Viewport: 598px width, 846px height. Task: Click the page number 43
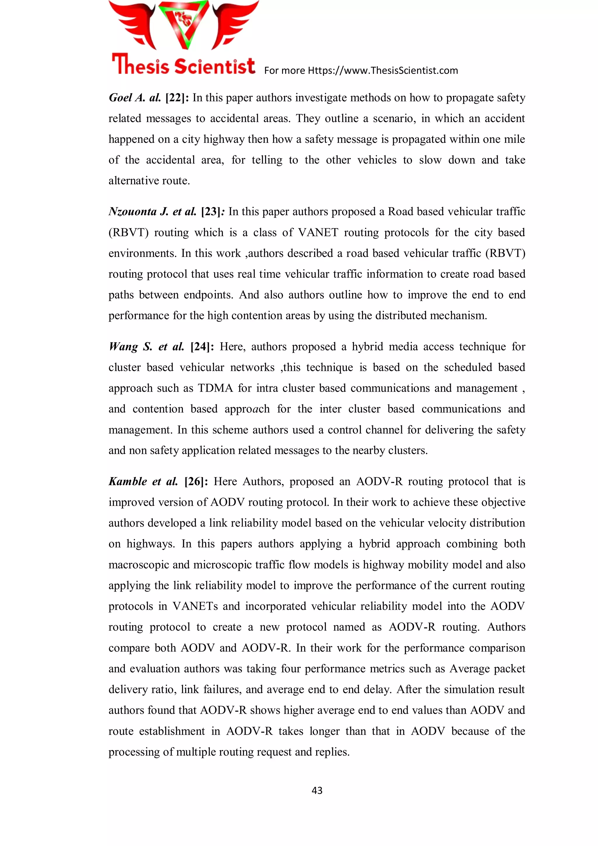pos(317,790)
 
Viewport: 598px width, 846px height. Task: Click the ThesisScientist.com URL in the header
pos(383,70)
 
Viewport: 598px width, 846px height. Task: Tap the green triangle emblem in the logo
pos(183,24)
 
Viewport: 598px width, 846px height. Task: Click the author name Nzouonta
pos(132,212)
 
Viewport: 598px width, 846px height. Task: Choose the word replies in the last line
pos(331,752)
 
